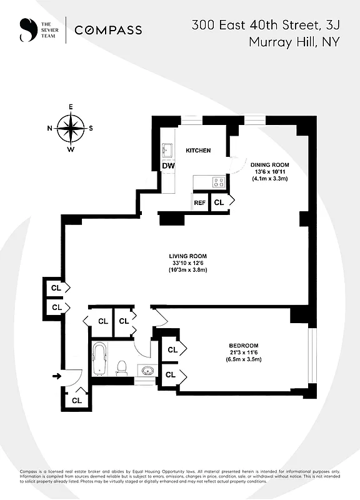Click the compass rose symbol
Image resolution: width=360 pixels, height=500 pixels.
71,129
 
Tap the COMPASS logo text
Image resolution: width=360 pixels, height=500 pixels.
108,29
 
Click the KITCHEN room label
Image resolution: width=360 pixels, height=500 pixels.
198,151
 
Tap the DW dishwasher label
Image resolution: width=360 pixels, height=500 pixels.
168,166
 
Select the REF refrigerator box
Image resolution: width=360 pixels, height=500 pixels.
200,202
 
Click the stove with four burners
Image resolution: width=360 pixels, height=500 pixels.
219,182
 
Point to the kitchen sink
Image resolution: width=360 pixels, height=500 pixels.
167,150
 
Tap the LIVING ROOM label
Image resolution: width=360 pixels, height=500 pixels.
187,256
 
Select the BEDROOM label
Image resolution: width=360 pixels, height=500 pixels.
243,346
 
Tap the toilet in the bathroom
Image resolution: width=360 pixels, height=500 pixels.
122,367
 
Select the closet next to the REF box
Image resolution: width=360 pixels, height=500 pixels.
219,202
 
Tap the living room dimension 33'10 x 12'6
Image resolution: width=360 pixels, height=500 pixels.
187,263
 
